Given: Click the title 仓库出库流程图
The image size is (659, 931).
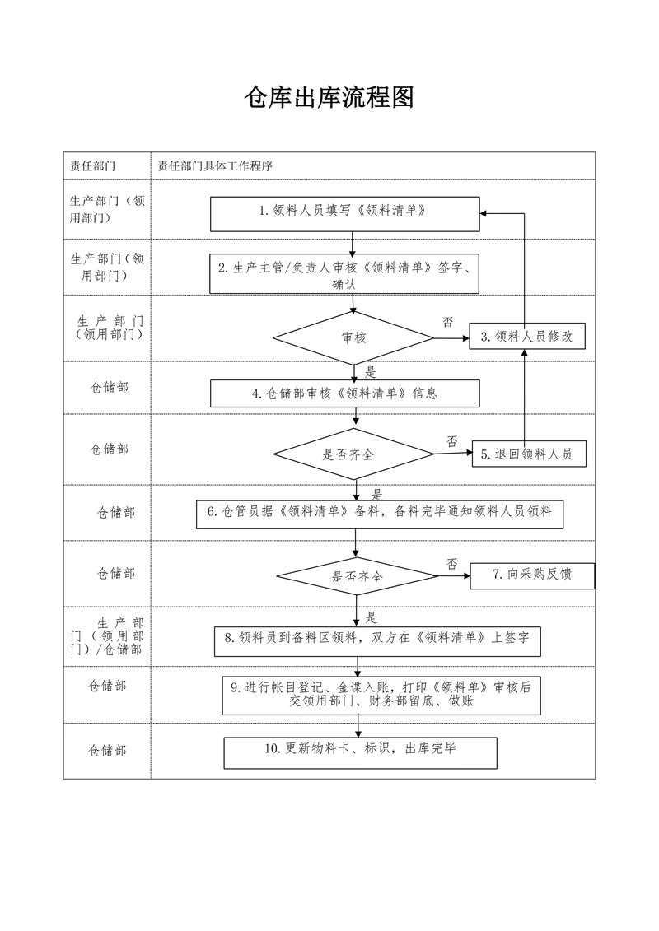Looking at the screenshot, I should pos(329,98).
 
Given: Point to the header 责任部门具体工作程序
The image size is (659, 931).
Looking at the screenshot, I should pos(215,165).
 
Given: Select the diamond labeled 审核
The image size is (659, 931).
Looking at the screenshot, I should pos(353,337).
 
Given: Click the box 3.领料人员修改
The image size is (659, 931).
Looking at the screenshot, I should pos(527,337).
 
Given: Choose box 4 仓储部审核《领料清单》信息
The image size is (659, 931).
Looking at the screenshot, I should pos(344,393).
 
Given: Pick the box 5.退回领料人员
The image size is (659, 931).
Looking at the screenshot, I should pos(528,454).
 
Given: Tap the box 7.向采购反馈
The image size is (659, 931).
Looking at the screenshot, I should pos(531,575).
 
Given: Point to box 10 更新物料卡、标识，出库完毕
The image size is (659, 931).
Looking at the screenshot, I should pos(360,750).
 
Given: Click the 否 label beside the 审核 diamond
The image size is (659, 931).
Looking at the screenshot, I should pos(447,322).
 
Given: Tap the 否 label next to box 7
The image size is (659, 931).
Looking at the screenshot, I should pos(451,564).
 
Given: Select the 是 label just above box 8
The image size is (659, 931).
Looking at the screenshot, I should pos(372,617).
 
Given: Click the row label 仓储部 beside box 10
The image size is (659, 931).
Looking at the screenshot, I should pos(108,750).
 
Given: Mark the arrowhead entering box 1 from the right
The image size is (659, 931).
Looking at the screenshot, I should pos(484,213).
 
